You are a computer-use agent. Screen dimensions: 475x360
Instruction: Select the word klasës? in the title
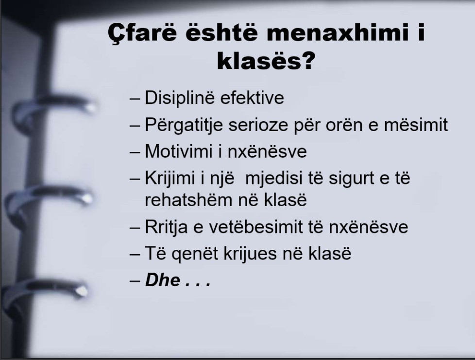point(266,61)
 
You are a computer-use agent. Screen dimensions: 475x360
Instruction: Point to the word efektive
point(252,98)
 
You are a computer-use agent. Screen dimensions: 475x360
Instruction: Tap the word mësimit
point(416,125)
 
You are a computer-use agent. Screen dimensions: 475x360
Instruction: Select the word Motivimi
point(179,151)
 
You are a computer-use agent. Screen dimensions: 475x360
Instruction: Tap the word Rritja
point(166,227)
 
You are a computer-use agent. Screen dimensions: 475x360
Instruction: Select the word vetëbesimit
point(256,227)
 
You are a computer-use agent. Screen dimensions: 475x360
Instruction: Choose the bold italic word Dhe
point(162,280)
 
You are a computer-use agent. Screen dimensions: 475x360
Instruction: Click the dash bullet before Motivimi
point(135,152)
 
